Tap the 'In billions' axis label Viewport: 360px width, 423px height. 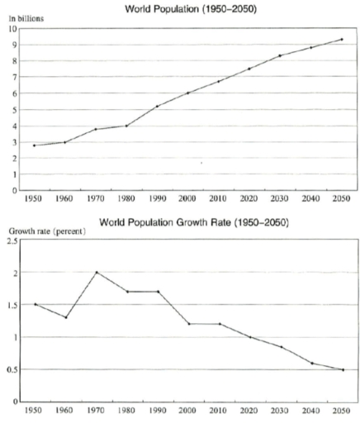(26, 17)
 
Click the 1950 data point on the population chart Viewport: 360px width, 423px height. (35, 145)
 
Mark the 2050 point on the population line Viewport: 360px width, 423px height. (341, 40)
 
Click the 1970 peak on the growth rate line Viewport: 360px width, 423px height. (96, 272)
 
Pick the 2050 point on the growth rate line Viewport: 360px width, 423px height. (341, 369)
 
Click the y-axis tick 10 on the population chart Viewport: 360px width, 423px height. (13, 29)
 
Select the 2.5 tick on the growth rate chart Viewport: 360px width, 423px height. (13, 240)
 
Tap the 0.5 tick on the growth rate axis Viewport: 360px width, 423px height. (13, 369)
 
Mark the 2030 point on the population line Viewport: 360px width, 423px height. (280, 55)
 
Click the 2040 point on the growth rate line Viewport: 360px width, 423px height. (310, 363)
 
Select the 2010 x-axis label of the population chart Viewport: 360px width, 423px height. (218, 199)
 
